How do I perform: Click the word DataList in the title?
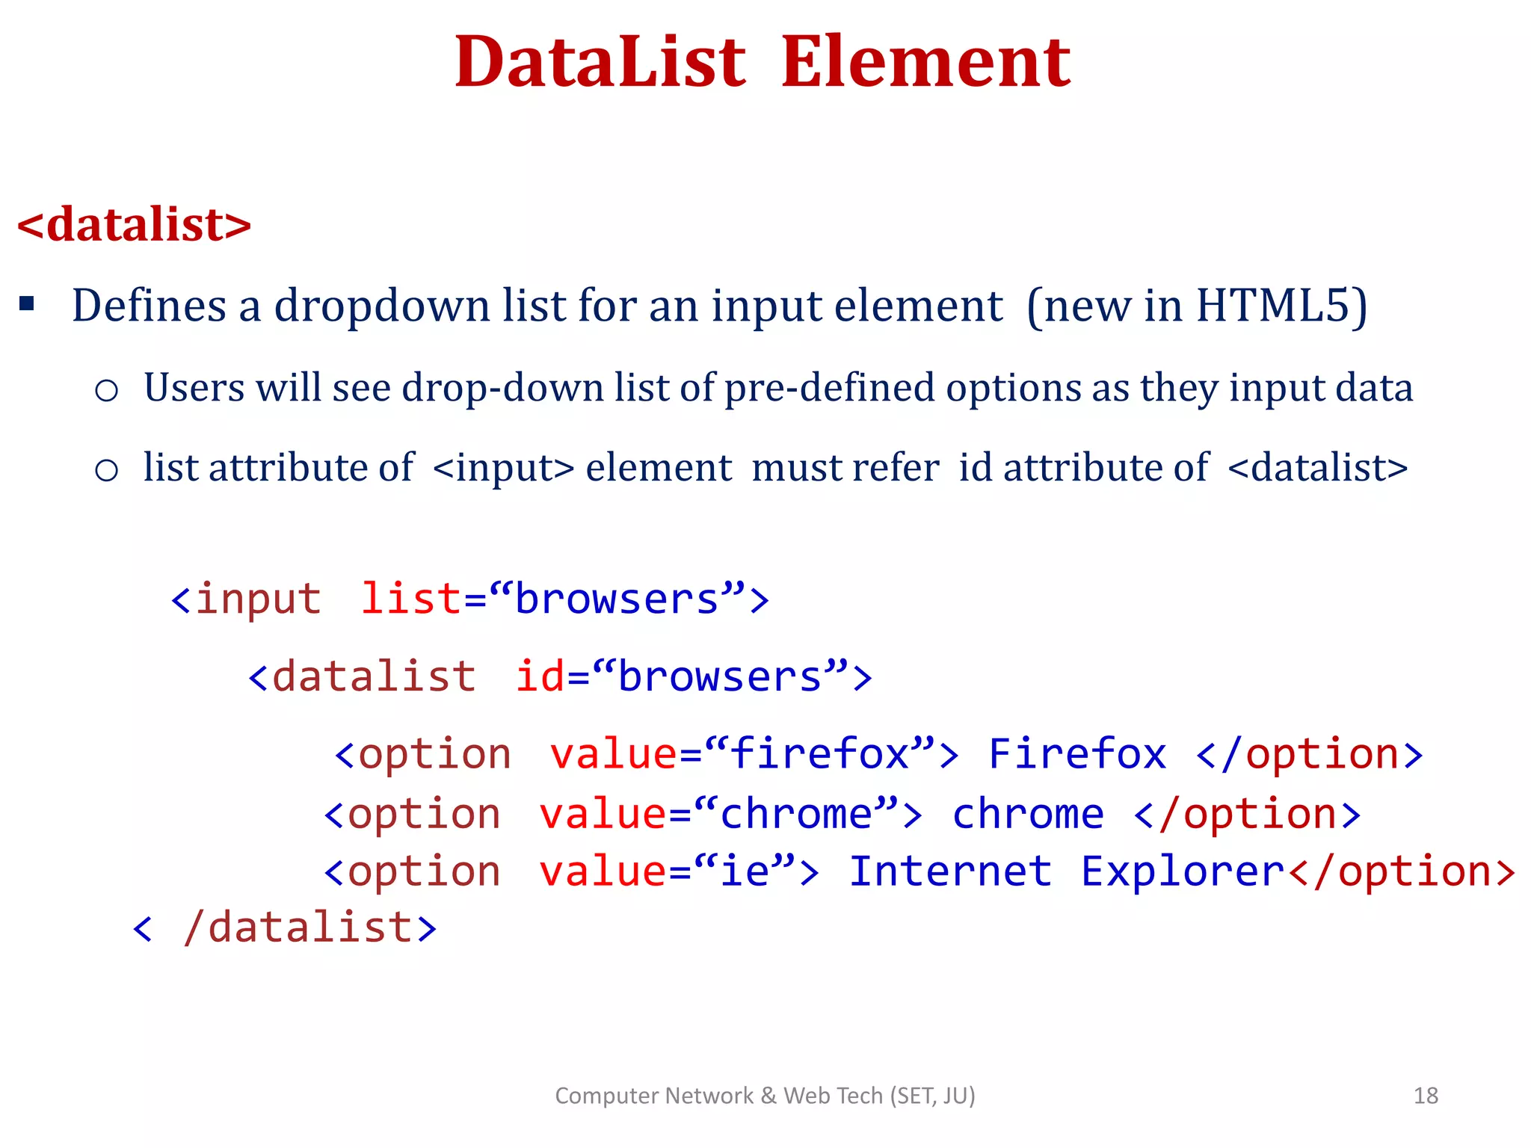click(600, 63)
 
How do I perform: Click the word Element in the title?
click(925, 63)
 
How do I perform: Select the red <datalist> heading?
click(135, 224)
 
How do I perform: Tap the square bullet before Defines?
click(28, 304)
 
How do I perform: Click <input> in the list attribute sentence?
click(503, 469)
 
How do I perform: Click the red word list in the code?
click(411, 599)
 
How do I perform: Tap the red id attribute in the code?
click(540, 676)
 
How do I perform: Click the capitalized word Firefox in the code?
click(1076, 753)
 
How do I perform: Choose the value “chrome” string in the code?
click(796, 814)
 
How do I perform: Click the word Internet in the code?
click(950, 872)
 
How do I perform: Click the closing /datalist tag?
click(299, 928)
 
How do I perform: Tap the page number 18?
click(1426, 1096)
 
